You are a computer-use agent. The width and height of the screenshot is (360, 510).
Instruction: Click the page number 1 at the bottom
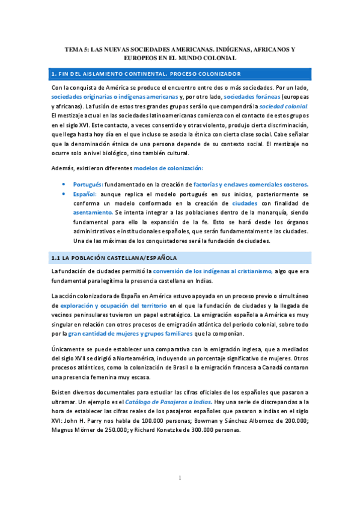click(180, 478)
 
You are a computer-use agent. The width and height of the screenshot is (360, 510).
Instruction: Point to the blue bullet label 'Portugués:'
click(88, 184)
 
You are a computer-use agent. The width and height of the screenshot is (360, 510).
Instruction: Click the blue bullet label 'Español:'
click(86, 195)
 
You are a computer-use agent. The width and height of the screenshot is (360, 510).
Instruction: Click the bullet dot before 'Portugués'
click(64, 184)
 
